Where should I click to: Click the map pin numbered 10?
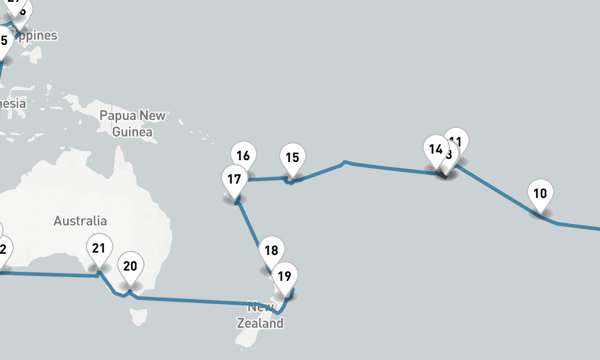pos(540,194)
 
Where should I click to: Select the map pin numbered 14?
pos(436,149)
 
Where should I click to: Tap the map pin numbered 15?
pos(292,158)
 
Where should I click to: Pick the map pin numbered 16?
pos(243,156)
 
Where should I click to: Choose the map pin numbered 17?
pos(234,179)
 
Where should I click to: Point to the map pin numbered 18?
pos(271,250)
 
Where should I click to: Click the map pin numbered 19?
pos(285,276)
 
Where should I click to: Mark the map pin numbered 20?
pos(130,266)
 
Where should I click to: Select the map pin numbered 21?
pos(99,248)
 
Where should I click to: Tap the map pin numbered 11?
pos(459,139)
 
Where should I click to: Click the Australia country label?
pos(80,221)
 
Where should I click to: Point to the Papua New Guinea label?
pos(133,123)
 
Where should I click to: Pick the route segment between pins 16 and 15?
pos(267,178)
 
